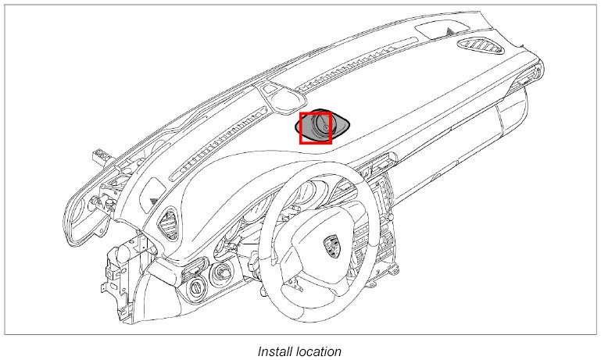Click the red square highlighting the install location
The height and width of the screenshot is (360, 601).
pos(317,128)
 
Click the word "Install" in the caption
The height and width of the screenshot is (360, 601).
pos(274,351)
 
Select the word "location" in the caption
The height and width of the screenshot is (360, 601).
pos(318,351)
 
